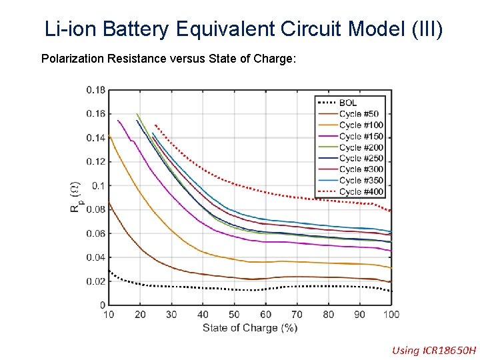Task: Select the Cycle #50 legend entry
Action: pyautogui.click(x=359, y=114)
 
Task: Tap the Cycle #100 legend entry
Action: pyautogui.click(x=361, y=125)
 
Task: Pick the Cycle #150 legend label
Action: pyautogui.click(x=361, y=136)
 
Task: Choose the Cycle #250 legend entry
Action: pyautogui.click(x=361, y=158)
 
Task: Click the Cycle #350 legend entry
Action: pyautogui.click(x=361, y=180)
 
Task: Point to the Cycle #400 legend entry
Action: pyautogui.click(x=361, y=191)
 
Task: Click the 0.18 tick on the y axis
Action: pyautogui.click(x=95, y=90)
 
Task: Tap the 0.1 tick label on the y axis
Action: pyautogui.click(x=98, y=185)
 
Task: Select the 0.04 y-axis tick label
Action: pyautogui.click(x=95, y=257)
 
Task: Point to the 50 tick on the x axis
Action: pyautogui.click(x=234, y=315)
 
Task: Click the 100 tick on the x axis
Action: pyautogui.click(x=391, y=315)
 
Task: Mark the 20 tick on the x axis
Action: pyautogui.click(x=140, y=315)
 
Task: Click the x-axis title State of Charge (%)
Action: pyautogui.click(x=250, y=327)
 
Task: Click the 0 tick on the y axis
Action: pyautogui.click(x=103, y=305)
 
